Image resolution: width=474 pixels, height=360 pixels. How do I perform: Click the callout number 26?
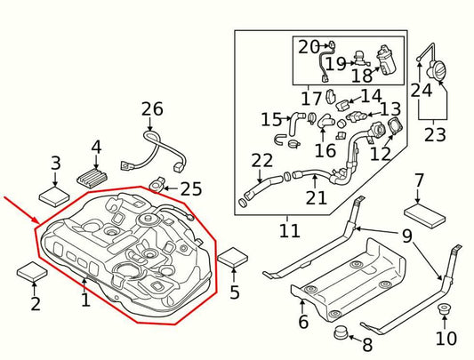click(152, 109)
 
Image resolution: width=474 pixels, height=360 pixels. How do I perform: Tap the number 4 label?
click(96, 147)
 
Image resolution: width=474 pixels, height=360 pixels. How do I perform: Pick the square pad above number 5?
click(235, 259)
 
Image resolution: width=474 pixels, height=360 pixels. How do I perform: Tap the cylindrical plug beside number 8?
click(340, 334)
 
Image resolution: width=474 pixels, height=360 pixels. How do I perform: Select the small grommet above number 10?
click(443, 309)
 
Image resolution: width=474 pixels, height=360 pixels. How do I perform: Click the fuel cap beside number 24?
click(440, 69)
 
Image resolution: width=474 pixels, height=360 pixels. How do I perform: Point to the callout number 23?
click(435, 136)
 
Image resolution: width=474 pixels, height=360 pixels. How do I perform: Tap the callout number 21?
click(317, 197)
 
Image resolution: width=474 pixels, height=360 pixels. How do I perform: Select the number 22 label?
click(261, 161)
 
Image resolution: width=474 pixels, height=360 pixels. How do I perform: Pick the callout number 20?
click(309, 47)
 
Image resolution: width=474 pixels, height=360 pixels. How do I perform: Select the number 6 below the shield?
click(302, 323)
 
